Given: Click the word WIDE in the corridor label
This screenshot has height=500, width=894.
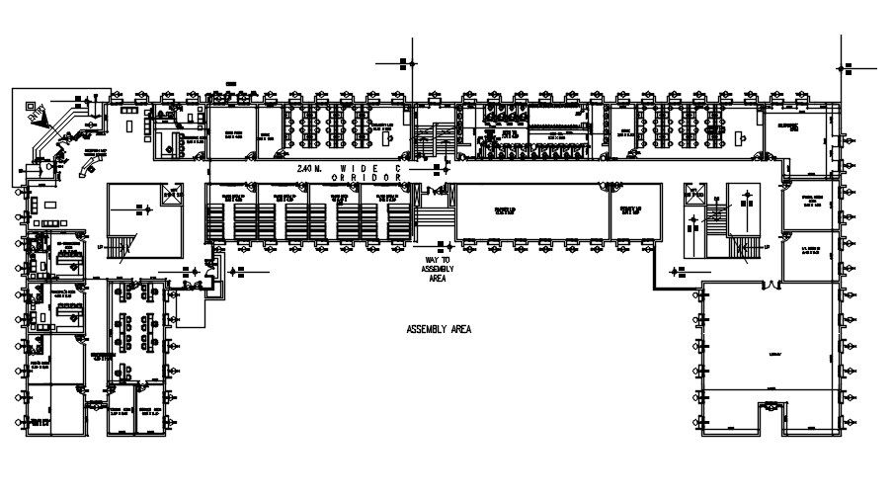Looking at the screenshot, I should coord(360,170).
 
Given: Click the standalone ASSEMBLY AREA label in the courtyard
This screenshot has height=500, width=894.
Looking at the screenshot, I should coord(439,329).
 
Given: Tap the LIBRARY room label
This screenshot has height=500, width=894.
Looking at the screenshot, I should coord(773,352).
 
